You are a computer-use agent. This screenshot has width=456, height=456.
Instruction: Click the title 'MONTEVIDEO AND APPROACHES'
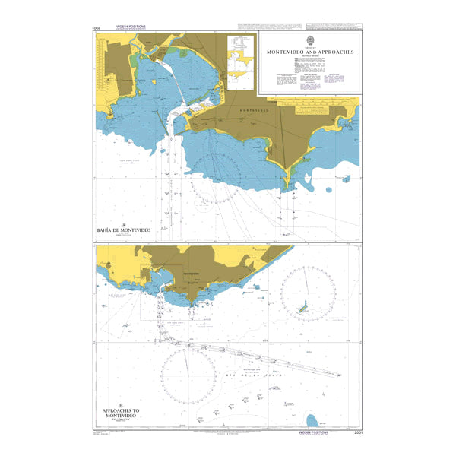[310, 52]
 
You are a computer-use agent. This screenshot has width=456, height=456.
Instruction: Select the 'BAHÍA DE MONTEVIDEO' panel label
[124, 230]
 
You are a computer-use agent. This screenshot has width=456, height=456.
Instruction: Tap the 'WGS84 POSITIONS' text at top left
[131, 27]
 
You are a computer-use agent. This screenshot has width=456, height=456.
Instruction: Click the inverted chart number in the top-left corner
[97, 28]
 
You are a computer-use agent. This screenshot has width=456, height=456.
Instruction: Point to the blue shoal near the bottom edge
[312, 421]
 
